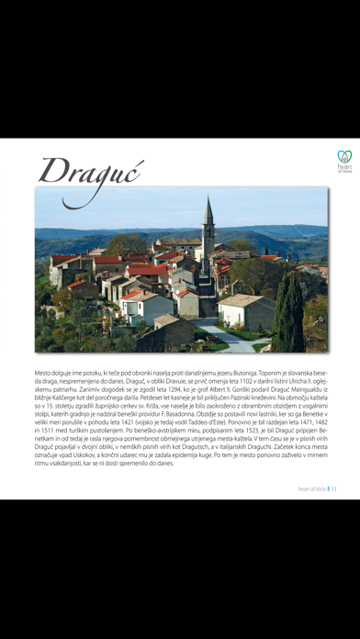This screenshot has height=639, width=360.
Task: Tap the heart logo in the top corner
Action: (x=344, y=157)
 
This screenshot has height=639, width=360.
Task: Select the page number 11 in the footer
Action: (x=335, y=488)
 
